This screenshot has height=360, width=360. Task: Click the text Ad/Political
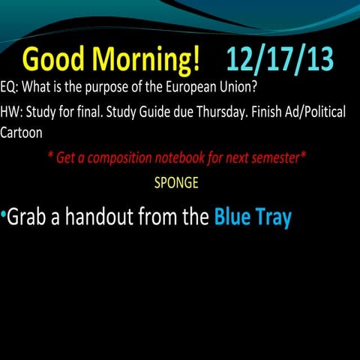(314, 112)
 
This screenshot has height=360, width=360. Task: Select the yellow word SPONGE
(175, 181)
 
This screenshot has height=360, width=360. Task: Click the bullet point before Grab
(4, 215)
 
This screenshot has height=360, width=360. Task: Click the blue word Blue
(234, 217)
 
